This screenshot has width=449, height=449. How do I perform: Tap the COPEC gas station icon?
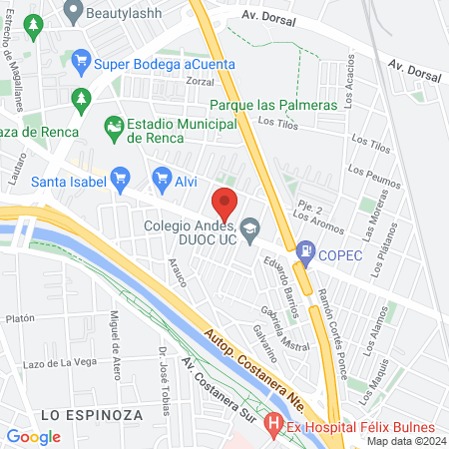303,253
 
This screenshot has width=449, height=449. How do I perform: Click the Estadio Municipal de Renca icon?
113,126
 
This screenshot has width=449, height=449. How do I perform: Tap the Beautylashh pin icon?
72,11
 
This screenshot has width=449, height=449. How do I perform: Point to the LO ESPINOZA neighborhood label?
92,412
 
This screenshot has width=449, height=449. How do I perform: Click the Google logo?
33,436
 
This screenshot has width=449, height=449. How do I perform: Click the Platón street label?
20,319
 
